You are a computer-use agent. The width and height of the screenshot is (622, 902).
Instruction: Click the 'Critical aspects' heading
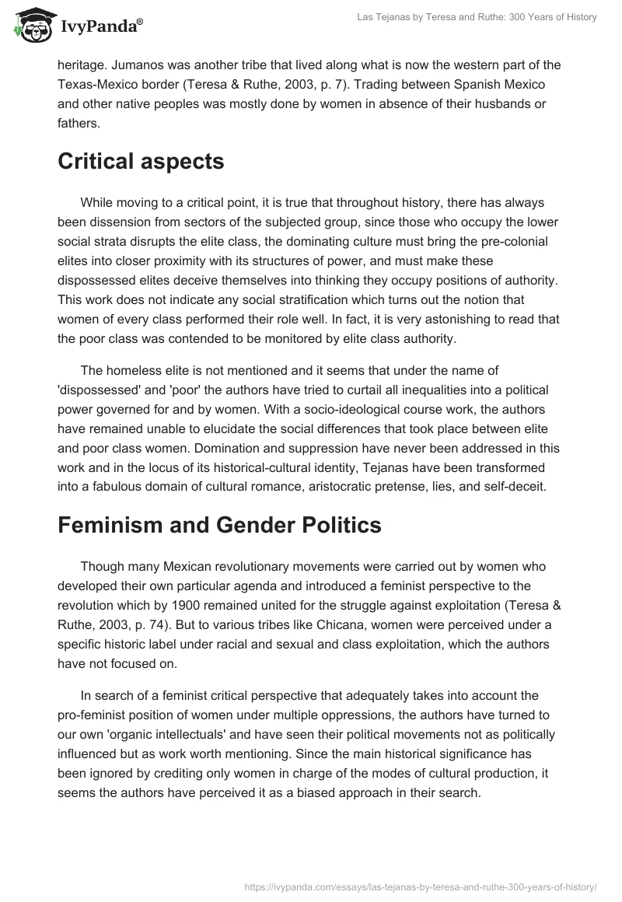141,161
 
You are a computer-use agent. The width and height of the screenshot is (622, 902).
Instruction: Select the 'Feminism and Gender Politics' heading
219,525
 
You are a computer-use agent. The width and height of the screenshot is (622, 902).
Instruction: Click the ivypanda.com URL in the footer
421,886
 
